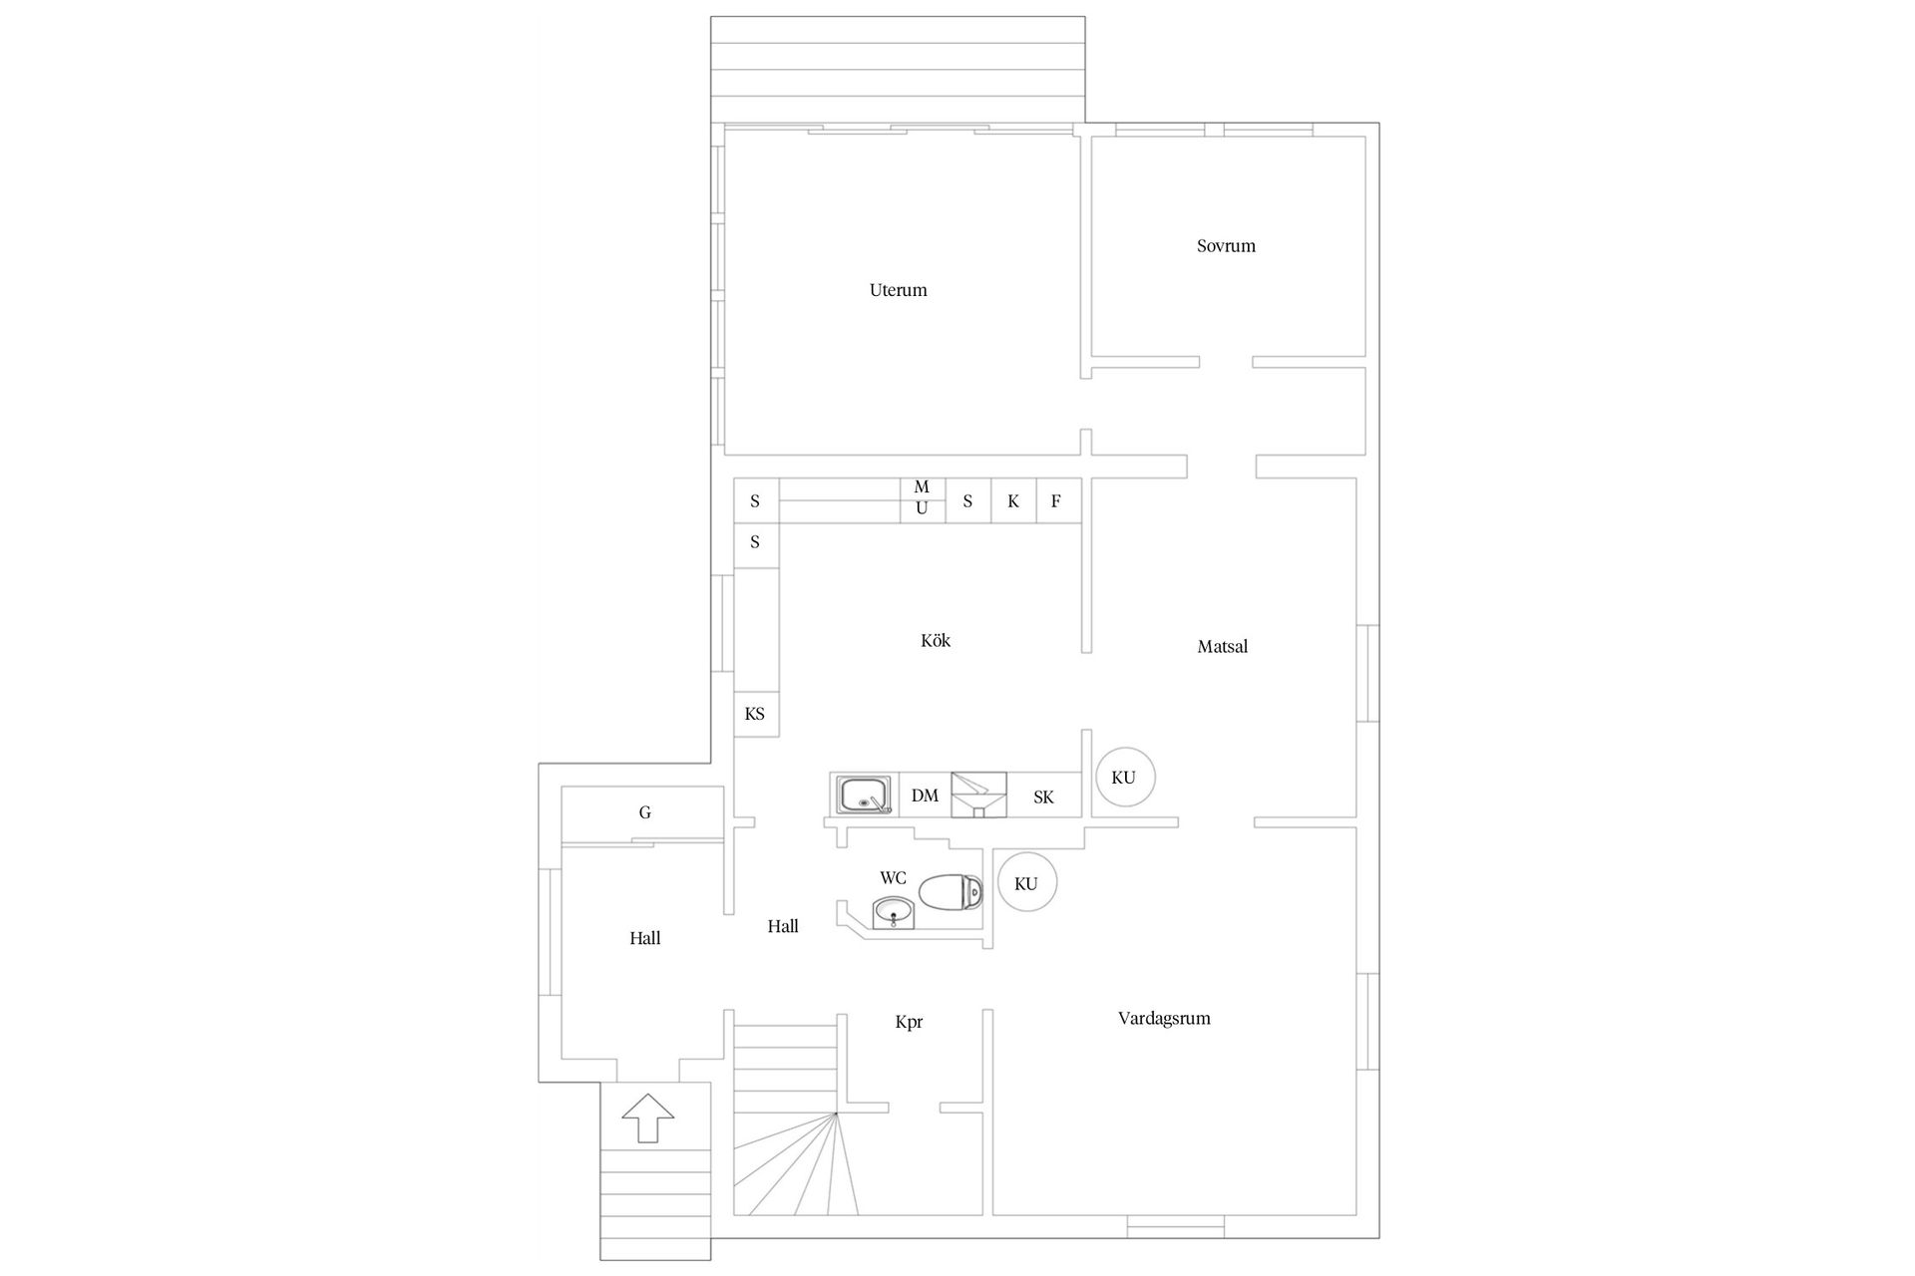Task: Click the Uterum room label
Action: tap(898, 290)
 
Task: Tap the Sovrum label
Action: tap(1226, 245)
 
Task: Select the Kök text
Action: tap(935, 640)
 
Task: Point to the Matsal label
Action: tap(1222, 646)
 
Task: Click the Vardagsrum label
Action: tap(1164, 1018)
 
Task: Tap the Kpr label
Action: tap(909, 1022)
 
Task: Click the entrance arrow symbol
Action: tap(648, 1117)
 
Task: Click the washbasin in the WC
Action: tap(894, 912)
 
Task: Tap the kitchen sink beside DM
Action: tap(864, 796)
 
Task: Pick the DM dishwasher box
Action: tap(925, 796)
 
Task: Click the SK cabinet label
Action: tap(1043, 797)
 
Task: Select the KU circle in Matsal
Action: tap(1124, 778)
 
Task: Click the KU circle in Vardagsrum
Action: tap(1026, 883)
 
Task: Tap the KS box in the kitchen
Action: tap(755, 714)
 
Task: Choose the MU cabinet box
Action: tap(922, 498)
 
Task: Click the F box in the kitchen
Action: tap(1057, 501)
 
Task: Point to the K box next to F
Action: tap(1012, 501)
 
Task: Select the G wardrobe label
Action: tap(644, 812)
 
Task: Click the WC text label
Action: tap(893, 877)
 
